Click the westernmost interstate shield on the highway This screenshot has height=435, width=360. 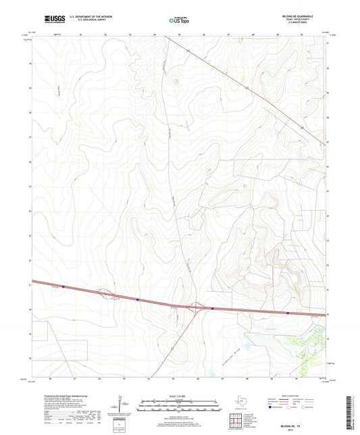point(63,286)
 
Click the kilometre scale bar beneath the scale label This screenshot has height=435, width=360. point(180,403)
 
